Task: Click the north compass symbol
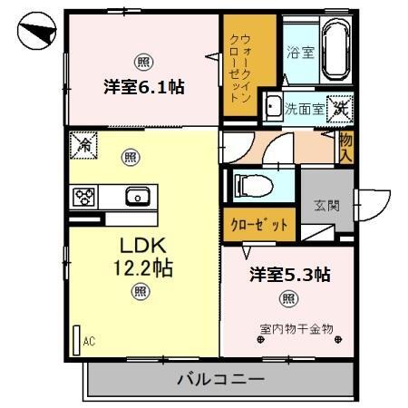[34, 35]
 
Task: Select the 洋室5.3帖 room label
[289, 274]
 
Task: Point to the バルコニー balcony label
[219, 379]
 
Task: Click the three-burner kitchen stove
[84, 195]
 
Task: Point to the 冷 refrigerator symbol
[83, 143]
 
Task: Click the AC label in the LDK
[89, 341]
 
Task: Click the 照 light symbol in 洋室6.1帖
[142, 62]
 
